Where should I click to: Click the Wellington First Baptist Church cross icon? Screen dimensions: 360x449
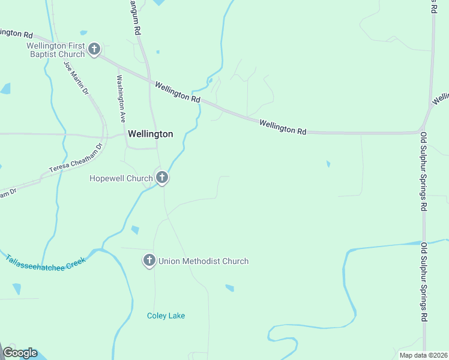click(x=94, y=49)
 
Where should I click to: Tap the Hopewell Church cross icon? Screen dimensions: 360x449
click(x=161, y=178)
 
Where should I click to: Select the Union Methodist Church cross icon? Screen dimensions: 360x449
click(x=149, y=260)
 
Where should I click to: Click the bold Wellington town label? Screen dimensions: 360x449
click(x=150, y=134)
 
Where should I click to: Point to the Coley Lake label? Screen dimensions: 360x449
click(x=166, y=316)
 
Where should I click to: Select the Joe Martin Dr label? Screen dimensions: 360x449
click(x=76, y=79)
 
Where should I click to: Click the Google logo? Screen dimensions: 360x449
click(x=20, y=353)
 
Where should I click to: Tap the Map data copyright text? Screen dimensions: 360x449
click(x=423, y=355)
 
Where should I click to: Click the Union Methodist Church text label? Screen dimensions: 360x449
click(x=203, y=261)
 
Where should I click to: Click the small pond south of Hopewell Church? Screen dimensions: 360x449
click(x=135, y=230)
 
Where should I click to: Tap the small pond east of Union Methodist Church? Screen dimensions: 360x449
click(x=229, y=288)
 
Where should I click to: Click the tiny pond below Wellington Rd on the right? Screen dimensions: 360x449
click(x=328, y=163)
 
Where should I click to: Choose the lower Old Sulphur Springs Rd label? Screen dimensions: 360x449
click(x=424, y=282)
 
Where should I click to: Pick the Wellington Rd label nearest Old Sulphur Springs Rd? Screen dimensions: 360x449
click(x=283, y=127)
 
